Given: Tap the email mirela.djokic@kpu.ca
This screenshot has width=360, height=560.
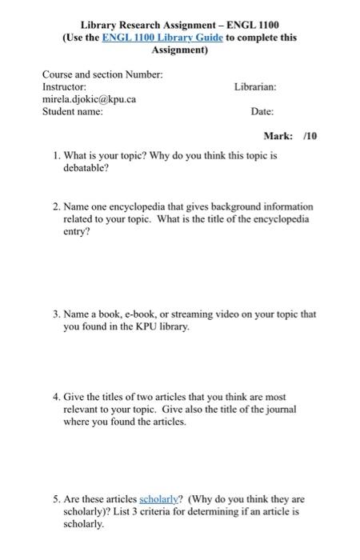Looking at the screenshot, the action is tap(87, 98).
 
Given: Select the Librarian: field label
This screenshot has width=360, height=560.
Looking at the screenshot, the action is tap(255, 86).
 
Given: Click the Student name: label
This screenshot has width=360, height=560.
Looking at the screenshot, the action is tap(72, 112).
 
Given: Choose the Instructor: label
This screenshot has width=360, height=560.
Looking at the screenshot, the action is tap(64, 86).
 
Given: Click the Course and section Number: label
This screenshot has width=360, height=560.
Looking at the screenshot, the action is tap(102, 74).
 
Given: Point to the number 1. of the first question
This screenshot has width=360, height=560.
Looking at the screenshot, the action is tap(57, 157).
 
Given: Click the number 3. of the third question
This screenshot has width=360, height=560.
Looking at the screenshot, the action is tap(57, 314).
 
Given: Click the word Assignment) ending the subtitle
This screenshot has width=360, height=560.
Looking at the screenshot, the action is tap(179, 50).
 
